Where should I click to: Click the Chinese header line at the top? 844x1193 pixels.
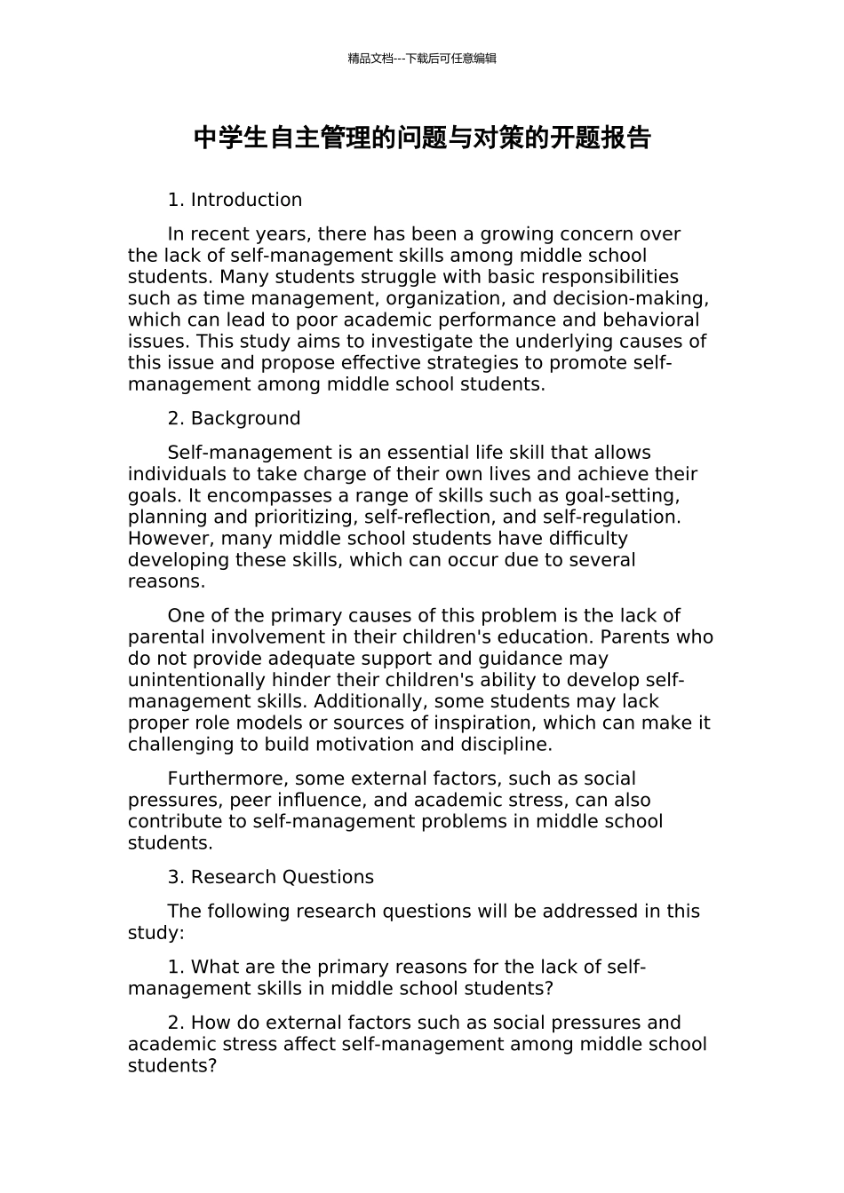(x=422, y=59)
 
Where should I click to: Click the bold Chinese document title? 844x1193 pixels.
(x=422, y=138)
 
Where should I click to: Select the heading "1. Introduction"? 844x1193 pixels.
(x=235, y=200)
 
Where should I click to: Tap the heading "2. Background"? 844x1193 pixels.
(x=234, y=418)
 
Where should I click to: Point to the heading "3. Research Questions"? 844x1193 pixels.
(x=270, y=877)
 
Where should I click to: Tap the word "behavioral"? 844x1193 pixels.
(x=650, y=320)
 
